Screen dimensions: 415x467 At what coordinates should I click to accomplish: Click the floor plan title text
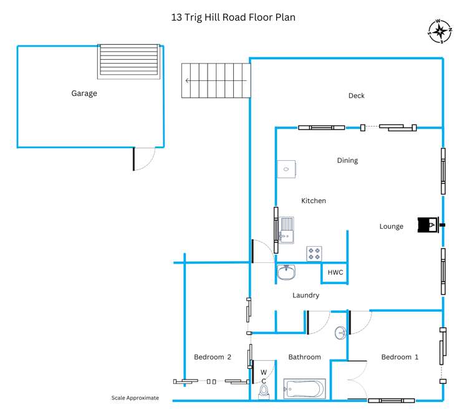click(x=233, y=17)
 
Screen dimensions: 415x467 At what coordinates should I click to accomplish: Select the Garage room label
click(x=84, y=93)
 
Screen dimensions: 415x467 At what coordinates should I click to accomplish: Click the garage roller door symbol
click(x=128, y=61)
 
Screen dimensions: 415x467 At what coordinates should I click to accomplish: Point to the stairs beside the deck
click(x=215, y=80)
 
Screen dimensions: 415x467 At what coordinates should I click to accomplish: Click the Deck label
click(x=356, y=95)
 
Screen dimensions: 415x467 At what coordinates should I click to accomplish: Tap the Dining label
click(x=347, y=160)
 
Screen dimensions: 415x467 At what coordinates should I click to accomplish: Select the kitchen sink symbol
click(x=287, y=229)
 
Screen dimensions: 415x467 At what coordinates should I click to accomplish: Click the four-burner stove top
click(x=314, y=254)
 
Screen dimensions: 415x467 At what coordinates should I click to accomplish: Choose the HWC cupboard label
click(x=335, y=273)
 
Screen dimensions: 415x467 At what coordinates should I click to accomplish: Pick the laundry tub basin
click(x=287, y=272)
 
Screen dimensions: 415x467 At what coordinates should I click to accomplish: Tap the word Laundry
click(x=306, y=295)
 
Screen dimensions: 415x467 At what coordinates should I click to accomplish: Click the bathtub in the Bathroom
click(x=304, y=389)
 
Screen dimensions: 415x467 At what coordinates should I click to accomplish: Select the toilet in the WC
click(x=264, y=391)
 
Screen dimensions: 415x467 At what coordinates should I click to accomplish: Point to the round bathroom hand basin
click(x=341, y=333)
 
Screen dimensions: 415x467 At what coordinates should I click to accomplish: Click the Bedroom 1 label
click(x=400, y=357)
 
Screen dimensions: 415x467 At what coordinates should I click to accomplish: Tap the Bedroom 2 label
click(x=213, y=357)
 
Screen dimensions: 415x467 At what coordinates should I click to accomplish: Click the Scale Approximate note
click(x=135, y=398)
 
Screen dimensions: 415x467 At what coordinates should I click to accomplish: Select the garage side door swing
click(x=145, y=159)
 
